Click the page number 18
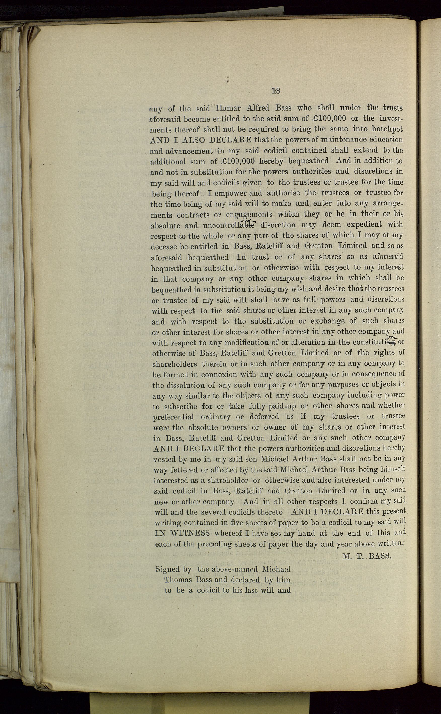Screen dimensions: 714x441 point(276,91)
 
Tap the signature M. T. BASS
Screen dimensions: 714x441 point(367,556)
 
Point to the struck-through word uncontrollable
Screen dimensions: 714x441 point(229,225)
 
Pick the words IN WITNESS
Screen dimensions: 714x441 point(182,533)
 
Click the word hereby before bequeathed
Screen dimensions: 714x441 point(271,161)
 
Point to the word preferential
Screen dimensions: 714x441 point(174,417)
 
